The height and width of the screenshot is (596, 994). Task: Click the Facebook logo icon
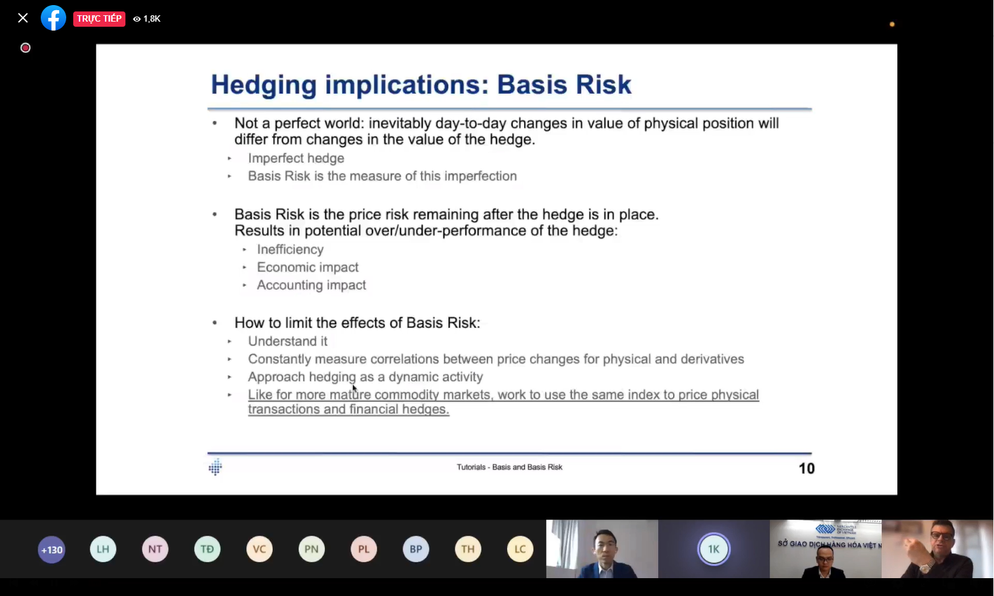pyautogui.click(x=53, y=18)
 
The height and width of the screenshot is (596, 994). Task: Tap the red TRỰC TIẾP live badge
pyautogui.click(x=99, y=18)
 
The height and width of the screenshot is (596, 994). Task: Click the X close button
pyautogui.click(x=23, y=18)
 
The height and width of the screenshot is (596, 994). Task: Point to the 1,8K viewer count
pyautogui.click(x=147, y=18)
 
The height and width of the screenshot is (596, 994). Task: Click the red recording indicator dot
pyautogui.click(x=25, y=48)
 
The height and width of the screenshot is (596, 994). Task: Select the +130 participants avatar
pyautogui.click(x=52, y=550)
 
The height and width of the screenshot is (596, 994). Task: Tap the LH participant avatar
pyautogui.click(x=103, y=550)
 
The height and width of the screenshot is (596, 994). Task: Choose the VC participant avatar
pyautogui.click(x=259, y=550)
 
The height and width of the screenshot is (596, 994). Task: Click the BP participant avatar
pyautogui.click(x=416, y=550)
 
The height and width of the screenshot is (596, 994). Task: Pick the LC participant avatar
pyautogui.click(x=520, y=550)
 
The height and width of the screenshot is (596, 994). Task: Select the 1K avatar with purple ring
pyautogui.click(x=714, y=549)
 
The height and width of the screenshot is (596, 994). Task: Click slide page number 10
pyautogui.click(x=807, y=469)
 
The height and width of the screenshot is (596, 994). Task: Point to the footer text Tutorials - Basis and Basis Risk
pyautogui.click(x=509, y=467)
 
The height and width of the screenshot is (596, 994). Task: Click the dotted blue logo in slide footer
pyautogui.click(x=215, y=467)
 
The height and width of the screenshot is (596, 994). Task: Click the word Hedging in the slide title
pyautogui.click(x=264, y=85)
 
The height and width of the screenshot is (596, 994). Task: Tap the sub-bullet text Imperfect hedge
pyautogui.click(x=296, y=159)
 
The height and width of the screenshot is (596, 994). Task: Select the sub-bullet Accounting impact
pyautogui.click(x=311, y=285)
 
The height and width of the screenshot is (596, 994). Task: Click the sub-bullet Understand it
pyautogui.click(x=288, y=341)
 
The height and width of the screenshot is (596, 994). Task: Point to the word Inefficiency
pyautogui.click(x=290, y=250)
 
